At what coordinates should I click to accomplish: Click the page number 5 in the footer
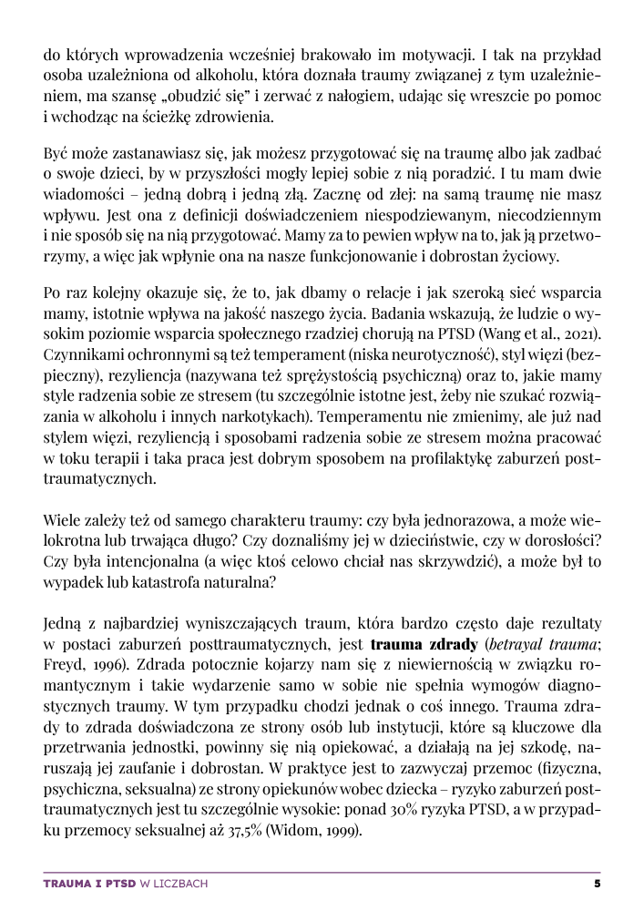(597, 883)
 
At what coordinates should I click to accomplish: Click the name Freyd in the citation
(62, 666)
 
